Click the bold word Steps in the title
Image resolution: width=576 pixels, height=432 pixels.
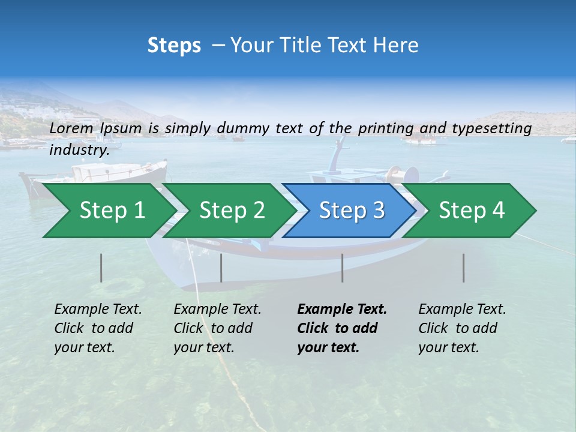pyautogui.click(x=174, y=46)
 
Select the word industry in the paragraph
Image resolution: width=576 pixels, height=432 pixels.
pyautogui.click(x=79, y=150)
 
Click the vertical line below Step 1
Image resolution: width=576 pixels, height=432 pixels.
pyautogui.click(x=101, y=268)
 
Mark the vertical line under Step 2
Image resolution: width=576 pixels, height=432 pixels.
pyautogui.click(x=221, y=268)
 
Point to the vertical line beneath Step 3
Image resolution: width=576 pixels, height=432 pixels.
pyautogui.click(x=342, y=268)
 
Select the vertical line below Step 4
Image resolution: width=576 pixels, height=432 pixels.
pyautogui.click(x=463, y=268)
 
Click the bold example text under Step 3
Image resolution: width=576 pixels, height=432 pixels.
pyautogui.click(x=341, y=328)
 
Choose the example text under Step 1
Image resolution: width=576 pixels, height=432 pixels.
pyautogui.click(x=98, y=328)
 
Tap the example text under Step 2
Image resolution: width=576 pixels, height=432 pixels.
pyautogui.click(x=217, y=328)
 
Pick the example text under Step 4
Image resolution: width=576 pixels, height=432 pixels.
pyautogui.click(x=462, y=328)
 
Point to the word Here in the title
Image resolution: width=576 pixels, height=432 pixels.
pyautogui.click(x=395, y=46)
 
